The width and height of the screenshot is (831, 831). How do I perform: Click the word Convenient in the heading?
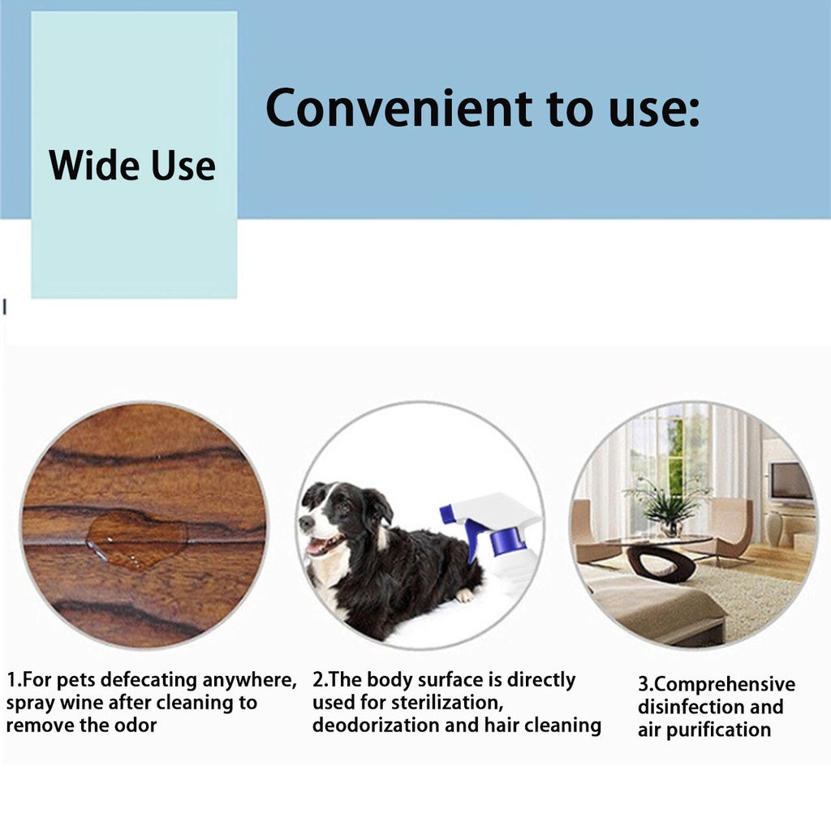399,108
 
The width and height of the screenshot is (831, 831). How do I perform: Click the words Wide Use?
132,166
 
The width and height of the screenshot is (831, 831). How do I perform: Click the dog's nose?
305,523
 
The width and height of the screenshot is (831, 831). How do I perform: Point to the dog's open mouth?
323,545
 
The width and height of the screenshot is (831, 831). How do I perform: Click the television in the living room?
790,481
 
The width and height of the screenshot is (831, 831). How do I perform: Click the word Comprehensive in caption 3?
725,685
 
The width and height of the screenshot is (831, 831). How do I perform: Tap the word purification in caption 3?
718,730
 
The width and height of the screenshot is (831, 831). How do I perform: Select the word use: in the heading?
654,109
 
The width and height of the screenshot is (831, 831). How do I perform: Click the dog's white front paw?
465,595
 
